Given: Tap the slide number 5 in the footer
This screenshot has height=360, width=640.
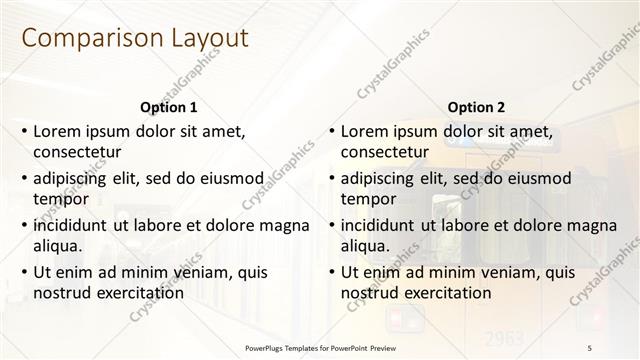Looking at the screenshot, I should coord(589,347).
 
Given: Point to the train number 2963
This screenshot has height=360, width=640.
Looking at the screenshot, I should coord(503,335).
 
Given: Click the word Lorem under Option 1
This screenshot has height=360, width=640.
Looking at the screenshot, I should coord(57,131).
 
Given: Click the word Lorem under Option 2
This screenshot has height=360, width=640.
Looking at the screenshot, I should coord(365,131).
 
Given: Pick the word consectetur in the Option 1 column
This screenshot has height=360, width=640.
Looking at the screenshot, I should coord(77,153).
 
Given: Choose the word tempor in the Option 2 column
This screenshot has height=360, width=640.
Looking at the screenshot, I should coord(369,199).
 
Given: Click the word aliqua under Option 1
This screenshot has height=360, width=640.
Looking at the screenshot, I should coord(57,246).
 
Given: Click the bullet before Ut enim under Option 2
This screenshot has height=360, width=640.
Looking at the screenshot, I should coord(332,272).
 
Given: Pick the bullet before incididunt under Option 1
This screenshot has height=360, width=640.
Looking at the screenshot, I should coord(24,225).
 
